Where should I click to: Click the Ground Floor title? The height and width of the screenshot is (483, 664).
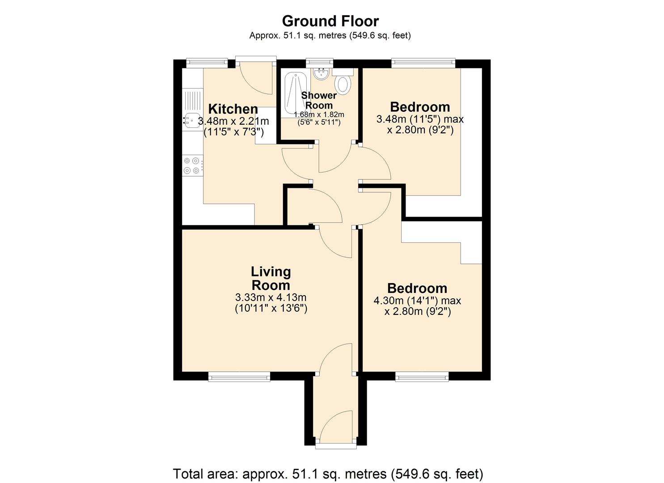(x=330, y=21)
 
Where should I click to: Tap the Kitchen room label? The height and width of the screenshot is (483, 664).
(x=233, y=109)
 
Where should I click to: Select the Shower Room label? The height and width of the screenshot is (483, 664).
(x=318, y=100)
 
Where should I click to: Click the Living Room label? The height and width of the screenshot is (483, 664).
(x=271, y=278)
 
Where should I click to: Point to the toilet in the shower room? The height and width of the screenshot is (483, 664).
(x=343, y=85)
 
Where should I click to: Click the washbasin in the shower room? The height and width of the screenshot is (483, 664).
(x=321, y=74)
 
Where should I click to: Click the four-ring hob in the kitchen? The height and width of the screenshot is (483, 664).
(x=192, y=165)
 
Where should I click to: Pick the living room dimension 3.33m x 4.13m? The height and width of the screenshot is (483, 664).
(x=271, y=297)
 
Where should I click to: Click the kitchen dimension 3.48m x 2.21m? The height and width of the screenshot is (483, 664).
(x=233, y=121)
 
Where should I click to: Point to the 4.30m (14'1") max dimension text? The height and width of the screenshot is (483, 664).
(x=417, y=301)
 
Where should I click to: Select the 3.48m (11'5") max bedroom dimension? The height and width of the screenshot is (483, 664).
(x=420, y=119)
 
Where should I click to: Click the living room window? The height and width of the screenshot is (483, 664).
(x=239, y=377)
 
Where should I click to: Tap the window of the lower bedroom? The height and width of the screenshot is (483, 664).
(x=422, y=377)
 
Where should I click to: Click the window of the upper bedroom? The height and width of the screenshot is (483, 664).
(x=423, y=63)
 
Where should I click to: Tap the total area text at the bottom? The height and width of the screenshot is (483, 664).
(x=328, y=473)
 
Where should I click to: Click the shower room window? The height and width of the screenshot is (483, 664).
(x=320, y=63)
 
